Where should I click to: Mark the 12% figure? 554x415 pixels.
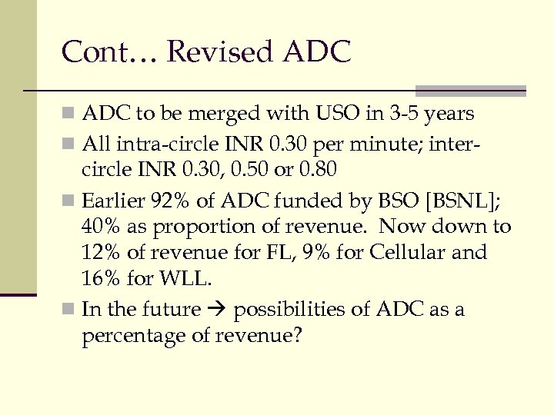click(98, 253)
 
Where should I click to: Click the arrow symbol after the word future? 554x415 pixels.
click(216, 310)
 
